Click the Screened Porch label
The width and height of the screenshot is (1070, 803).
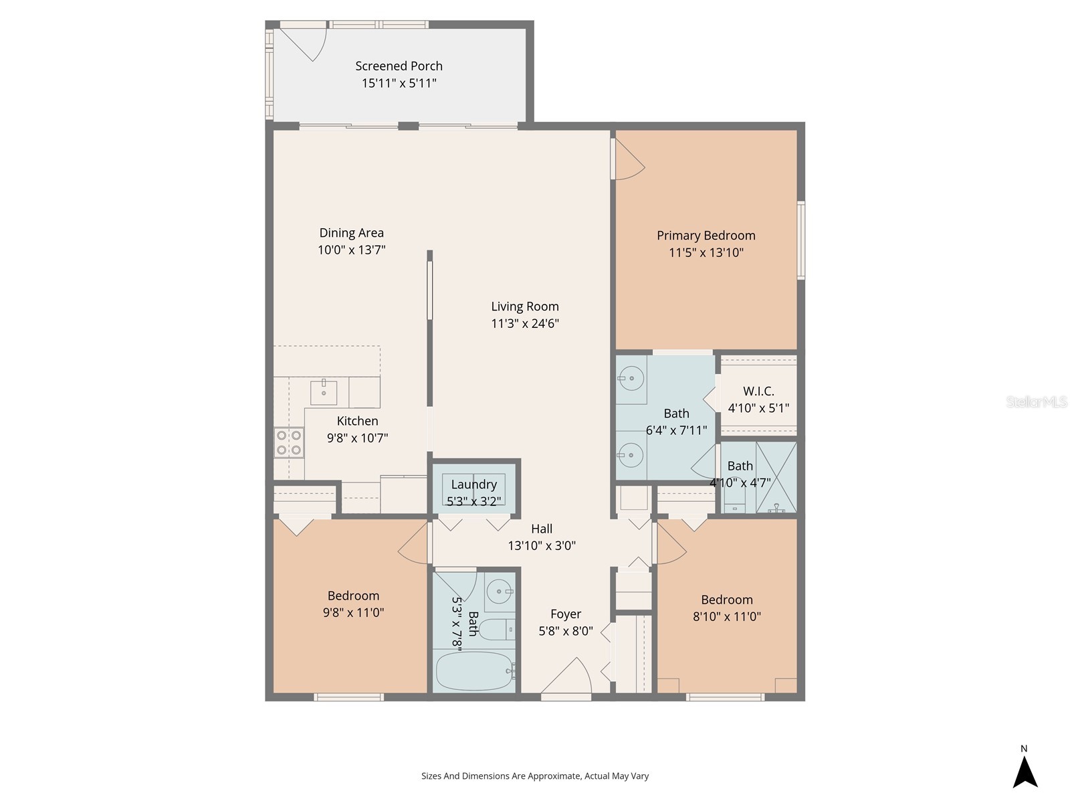click(x=399, y=66)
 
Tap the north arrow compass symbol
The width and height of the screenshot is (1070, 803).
click(x=1025, y=771)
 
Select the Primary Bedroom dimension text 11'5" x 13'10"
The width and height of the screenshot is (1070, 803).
click(x=706, y=253)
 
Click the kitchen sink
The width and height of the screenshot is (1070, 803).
click(x=324, y=391)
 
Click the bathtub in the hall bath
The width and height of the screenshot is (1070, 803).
click(x=474, y=671)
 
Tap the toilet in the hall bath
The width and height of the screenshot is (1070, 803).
click(x=496, y=630)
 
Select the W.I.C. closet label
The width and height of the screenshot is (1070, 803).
click(x=758, y=391)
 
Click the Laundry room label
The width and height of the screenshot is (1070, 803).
click(x=473, y=484)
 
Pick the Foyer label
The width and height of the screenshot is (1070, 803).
click(x=566, y=614)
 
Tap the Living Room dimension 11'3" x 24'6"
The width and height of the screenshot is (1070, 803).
click(x=525, y=324)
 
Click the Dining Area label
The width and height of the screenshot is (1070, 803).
click(x=351, y=233)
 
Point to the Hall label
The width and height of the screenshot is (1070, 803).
click(x=542, y=529)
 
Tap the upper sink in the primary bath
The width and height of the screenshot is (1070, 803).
click(x=631, y=379)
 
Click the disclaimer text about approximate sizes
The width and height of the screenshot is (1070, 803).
click(x=535, y=776)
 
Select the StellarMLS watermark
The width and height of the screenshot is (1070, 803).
click(x=1037, y=402)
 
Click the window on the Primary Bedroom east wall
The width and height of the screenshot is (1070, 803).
click(x=800, y=240)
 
